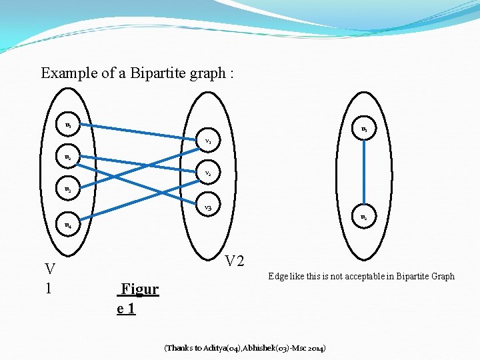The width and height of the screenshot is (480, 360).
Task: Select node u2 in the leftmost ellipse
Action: (x=68, y=158)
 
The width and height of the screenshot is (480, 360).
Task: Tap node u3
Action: (x=68, y=190)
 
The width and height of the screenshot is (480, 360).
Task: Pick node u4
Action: (x=69, y=226)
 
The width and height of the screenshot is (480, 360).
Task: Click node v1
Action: (x=208, y=141)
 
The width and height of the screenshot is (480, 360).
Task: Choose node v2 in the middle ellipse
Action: (x=208, y=173)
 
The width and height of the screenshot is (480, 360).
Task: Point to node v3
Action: (x=208, y=208)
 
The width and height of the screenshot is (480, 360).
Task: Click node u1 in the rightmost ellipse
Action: (x=364, y=129)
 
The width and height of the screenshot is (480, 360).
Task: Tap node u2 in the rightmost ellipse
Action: (x=363, y=217)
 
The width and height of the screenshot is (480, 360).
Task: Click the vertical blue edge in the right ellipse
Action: (x=363, y=173)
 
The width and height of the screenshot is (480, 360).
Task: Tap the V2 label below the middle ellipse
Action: (x=235, y=261)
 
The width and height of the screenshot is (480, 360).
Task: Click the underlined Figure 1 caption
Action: (x=137, y=298)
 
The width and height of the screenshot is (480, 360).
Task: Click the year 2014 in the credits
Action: (x=315, y=348)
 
